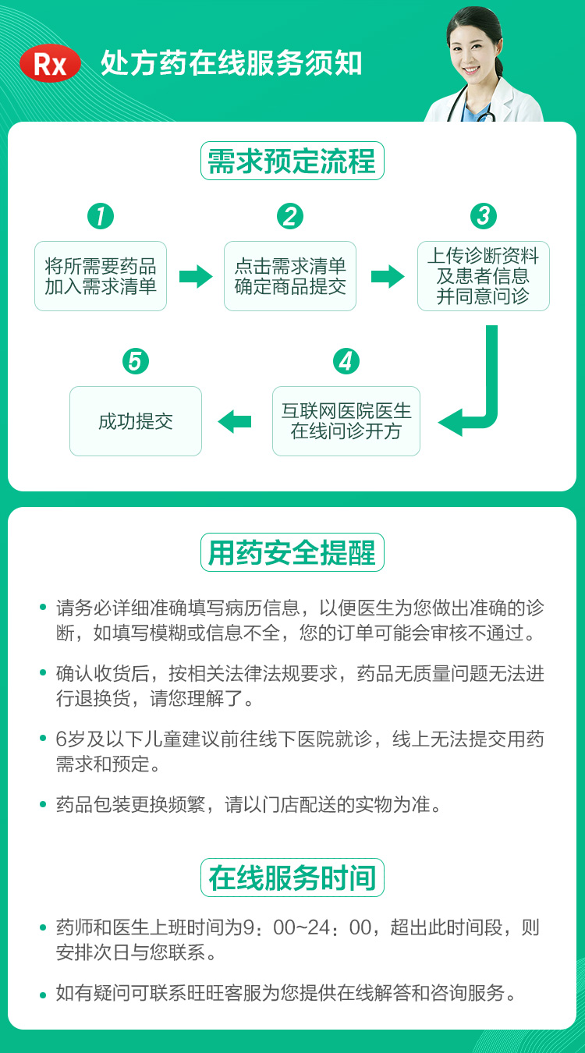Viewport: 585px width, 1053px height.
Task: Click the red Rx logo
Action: (x=50, y=63)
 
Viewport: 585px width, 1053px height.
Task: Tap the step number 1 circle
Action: (x=101, y=216)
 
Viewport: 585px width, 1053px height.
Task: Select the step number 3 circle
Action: (x=484, y=216)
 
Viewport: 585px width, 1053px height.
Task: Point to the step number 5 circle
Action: (x=136, y=361)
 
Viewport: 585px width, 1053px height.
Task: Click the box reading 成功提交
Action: (x=136, y=421)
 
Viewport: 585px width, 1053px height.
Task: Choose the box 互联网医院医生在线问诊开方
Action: (x=346, y=421)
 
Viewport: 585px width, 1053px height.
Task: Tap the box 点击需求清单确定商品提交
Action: (x=290, y=276)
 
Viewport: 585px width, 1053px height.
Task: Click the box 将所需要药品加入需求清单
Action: (x=101, y=276)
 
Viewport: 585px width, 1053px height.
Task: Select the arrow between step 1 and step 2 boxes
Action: (x=196, y=276)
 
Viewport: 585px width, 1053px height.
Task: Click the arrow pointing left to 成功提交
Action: (x=235, y=421)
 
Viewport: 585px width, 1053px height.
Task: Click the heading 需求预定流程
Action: (x=292, y=161)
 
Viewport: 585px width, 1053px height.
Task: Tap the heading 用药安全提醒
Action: (x=292, y=552)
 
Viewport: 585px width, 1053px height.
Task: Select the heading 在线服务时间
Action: (x=292, y=877)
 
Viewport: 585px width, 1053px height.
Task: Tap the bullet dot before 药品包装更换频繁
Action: (x=43, y=804)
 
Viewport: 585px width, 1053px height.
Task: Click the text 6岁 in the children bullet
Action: (x=69, y=739)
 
